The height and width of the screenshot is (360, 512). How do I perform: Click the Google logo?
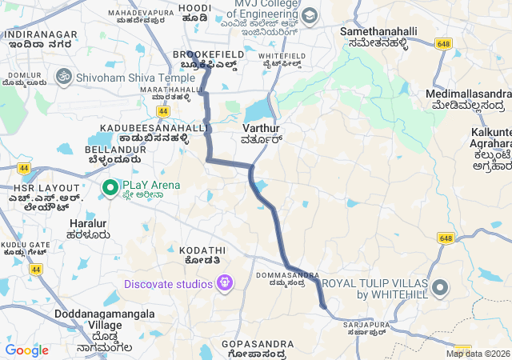(x=27, y=350)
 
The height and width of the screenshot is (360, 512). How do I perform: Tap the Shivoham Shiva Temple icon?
(x=62, y=78)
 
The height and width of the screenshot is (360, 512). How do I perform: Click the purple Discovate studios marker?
(x=226, y=284)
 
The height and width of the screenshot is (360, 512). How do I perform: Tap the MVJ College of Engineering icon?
(x=310, y=15)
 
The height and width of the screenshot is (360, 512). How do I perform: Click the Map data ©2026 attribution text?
(x=478, y=354)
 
